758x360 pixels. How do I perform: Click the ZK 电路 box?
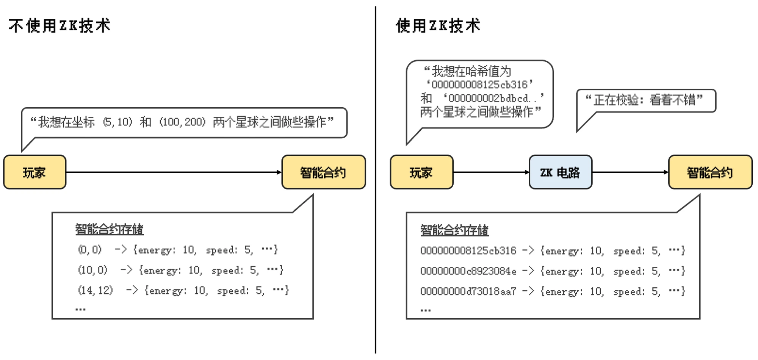tap(560, 172)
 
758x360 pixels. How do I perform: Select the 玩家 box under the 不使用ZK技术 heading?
tap(34, 172)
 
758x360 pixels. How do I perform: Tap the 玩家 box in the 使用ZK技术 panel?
tap(421, 172)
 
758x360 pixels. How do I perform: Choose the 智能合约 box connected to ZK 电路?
tap(710, 172)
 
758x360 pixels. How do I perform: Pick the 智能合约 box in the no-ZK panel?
tap(323, 172)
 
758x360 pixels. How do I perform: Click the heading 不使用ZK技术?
tap(60, 26)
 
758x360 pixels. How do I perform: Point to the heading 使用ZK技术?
tap(438, 26)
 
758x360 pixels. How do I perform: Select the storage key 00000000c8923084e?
tap(468, 271)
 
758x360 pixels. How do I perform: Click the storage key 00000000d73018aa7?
tap(468, 291)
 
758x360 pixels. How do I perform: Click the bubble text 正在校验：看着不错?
tap(644, 100)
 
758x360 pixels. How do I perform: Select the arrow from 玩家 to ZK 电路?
tap(491, 172)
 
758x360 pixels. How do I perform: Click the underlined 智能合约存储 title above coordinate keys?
tap(109, 229)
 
